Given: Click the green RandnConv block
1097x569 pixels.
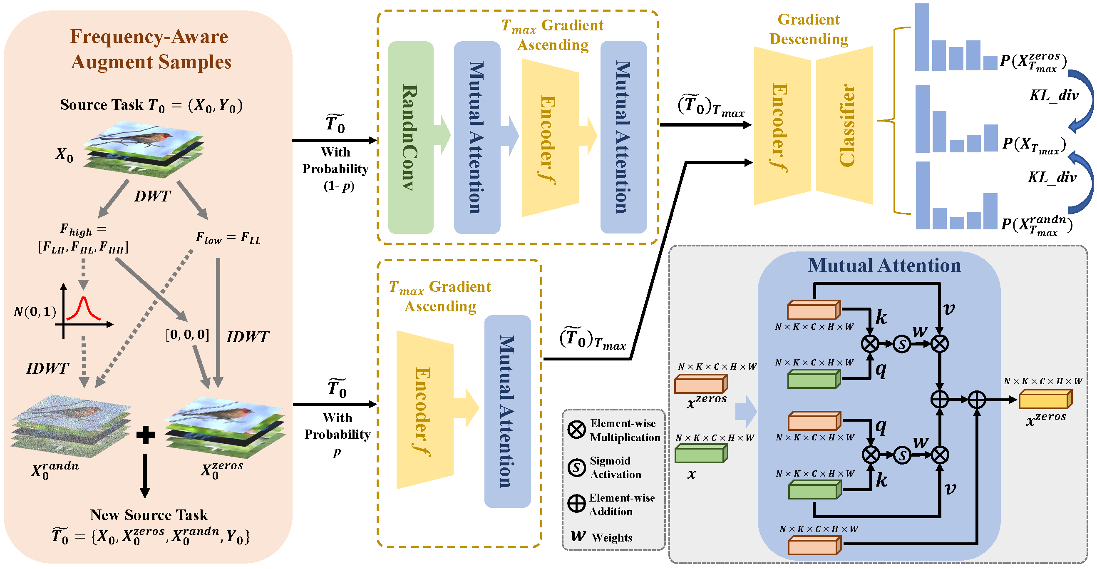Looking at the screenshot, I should pos(410,137).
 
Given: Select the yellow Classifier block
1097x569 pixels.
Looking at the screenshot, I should pos(845,125).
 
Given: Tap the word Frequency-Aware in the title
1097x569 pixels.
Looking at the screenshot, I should pos(149,37).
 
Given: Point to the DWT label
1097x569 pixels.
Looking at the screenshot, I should pos(152,196).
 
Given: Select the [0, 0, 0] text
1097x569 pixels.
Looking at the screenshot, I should pos(187,335).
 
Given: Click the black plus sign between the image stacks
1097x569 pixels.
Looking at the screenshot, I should pos(145,435).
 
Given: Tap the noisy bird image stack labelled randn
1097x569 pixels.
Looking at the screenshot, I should pos(71,426).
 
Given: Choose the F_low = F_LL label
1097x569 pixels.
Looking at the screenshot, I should pos(228,238).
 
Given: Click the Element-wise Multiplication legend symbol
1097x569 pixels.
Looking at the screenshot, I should pos(577,429).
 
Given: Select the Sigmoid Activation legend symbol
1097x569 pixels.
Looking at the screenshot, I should pos(577,467).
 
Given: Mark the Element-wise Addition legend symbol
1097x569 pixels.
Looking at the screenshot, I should pos(577,504).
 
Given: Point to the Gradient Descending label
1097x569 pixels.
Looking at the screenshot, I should pos(808,29).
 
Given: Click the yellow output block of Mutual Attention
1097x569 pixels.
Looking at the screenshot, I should pos(1045,400).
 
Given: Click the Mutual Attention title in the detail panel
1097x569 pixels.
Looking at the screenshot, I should pos(884,265).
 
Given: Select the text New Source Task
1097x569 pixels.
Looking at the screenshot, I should pos(149,515).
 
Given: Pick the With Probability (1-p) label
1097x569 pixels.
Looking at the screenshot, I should pos(335,169).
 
